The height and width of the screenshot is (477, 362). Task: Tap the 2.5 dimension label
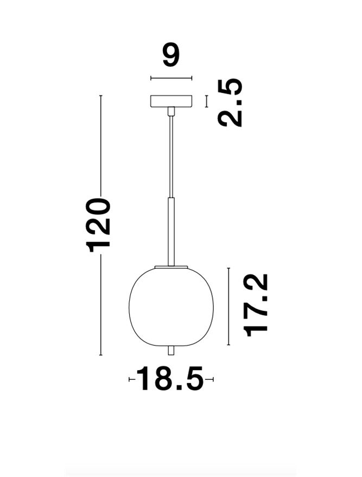pyautogui.click(x=230, y=103)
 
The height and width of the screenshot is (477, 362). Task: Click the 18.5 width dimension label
pyautogui.click(x=170, y=379)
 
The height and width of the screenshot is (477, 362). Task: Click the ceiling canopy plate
pyautogui.click(x=171, y=101)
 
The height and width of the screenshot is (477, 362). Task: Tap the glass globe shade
pyautogui.click(x=171, y=306)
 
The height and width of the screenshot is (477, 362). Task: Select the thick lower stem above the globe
pyautogui.click(x=171, y=231)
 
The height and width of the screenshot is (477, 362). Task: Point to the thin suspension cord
pyautogui.click(x=171, y=157)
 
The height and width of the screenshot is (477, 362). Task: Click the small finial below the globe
pyautogui.click(x=171, y=350)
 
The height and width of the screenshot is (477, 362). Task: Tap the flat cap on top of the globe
pyautogui.click(x=171, y=266)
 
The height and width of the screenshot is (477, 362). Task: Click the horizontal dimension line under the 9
pyautogui.click(x=171, y=79)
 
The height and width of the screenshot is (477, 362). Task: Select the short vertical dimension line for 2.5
pyautogui.click(x=206, y=101)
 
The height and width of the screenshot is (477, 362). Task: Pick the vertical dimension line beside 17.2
pyautogui.click(x=229, y=306)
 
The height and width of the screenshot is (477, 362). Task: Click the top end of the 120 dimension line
pyautogui.click(x=101, y=96)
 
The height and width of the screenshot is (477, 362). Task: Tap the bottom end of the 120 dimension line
pyautogui.click(x=101, y=355)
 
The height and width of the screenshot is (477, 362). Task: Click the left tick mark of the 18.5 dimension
pyautogui.click(x=129, y=379)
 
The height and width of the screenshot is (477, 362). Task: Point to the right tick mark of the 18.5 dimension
pyautogui.click(x=213, y=379)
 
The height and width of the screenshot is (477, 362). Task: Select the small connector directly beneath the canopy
pyautogui.click(x=171, y=112)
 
